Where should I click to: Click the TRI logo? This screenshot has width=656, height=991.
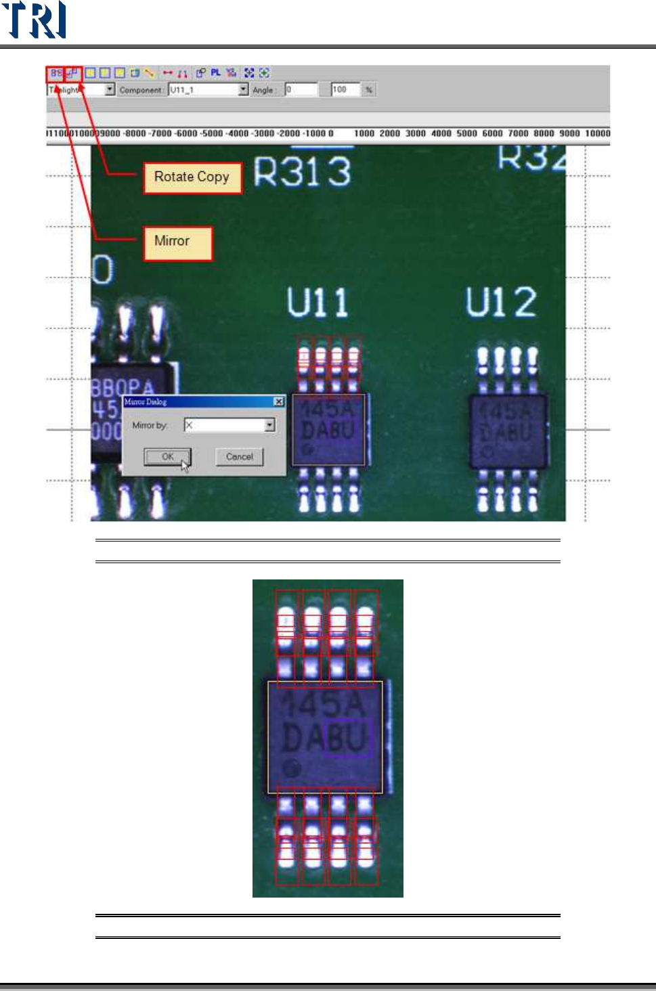(x=34, y=20)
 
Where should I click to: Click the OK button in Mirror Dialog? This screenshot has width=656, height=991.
(x=167, y=457)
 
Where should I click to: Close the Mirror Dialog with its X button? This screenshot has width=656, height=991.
(x=278, y=401)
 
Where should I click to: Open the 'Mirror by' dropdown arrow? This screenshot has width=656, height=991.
(x=269, y=425)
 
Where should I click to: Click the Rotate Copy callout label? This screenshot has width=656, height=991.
(x=192, y=177)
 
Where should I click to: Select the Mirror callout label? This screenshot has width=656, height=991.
(x=177, y=242)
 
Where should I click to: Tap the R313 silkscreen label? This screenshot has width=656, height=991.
(x=302, y=171)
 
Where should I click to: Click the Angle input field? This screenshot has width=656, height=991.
(x=301, y=89)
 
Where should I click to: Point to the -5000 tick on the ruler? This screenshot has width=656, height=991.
(x=213, y=133)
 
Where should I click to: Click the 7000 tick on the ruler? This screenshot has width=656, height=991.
(x=518, y=133)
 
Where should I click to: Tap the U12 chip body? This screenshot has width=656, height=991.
(x=508, y=432)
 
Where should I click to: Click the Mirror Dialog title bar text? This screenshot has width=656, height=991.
(x=146, y=401)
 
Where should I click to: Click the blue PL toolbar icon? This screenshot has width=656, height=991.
(x=215, y=72)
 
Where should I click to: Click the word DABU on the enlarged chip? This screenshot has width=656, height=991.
(x=325, y=738)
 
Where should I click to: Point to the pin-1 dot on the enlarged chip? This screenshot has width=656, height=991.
(x=292, y=768)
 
